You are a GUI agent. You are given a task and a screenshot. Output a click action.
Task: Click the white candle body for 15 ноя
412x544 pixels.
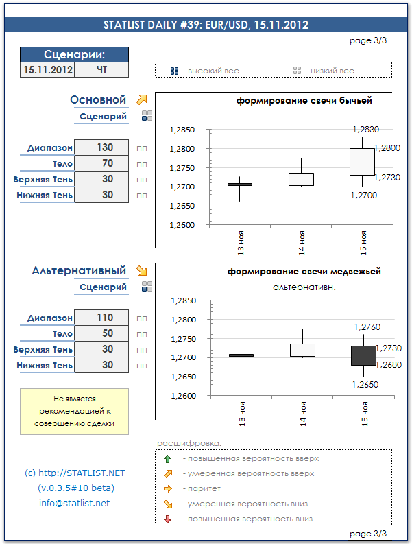(x=362, y=161)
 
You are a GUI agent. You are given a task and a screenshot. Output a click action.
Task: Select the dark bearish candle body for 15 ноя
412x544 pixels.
(x=363, y=355)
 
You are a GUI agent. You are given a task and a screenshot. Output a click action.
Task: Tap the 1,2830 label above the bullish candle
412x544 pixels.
(x=365, y=129)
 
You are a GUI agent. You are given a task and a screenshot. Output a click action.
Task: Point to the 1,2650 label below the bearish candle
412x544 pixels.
(x=365, y=385)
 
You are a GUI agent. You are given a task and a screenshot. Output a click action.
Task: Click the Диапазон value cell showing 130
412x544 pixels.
(x=102, y=147)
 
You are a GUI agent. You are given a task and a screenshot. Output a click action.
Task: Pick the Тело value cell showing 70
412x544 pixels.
(x=102, y=163)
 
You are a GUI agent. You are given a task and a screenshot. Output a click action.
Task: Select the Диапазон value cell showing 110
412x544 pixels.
(x=102, y=318)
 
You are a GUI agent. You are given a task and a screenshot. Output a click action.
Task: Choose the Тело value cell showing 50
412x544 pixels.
(x=102, y=333)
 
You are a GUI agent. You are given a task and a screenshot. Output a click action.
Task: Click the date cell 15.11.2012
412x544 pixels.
(x=48, y=70)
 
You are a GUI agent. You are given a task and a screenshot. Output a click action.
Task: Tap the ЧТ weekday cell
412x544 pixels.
(x=101, y=70)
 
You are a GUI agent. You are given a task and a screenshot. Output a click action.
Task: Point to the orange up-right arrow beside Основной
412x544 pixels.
(x=142, y=99)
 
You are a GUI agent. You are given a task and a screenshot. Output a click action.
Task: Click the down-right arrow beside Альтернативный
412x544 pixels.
(x=142, y=270)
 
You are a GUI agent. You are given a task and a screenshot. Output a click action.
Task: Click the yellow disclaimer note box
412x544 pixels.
(x=74, y=411)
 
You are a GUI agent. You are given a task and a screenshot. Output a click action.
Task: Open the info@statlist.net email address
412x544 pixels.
(x=74, y=503)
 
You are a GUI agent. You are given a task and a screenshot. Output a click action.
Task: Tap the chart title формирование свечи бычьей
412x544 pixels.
(x=304, y=101)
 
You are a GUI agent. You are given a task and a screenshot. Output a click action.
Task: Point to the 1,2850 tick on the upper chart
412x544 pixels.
(x=182, y=130)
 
